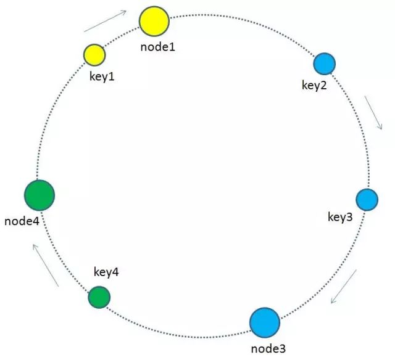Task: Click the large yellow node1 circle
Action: [154, 22]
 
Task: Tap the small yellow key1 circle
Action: [94, 54]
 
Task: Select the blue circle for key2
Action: [324, 63]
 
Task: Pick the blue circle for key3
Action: [367, 200]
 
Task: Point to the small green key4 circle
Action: [99, 297]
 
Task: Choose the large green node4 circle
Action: [40, 195]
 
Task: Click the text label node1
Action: [157, 46]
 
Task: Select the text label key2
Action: [314, 85]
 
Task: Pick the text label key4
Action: [106, 272]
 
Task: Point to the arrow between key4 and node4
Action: [46, 264]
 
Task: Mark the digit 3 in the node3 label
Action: [282, 349]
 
